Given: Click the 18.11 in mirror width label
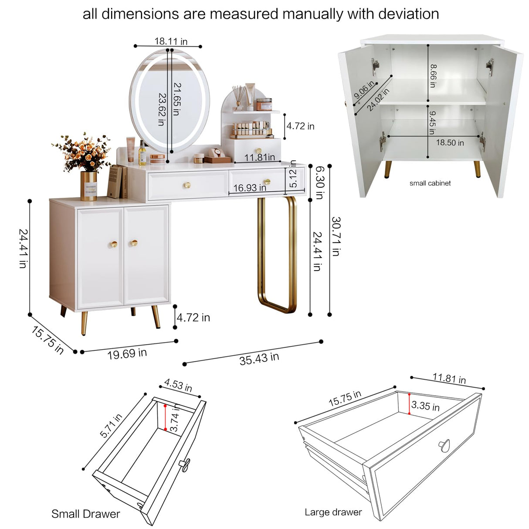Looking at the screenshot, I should [x=171, y=41].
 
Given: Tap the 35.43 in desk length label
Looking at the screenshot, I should [x=259, y=359].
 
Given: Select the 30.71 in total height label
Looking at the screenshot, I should [x=336, y=236].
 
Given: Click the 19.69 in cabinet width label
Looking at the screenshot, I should [x=127, y=353].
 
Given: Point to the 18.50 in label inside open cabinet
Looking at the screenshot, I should [x=450, y=143].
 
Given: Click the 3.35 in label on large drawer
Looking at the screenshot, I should [x=425, y=406].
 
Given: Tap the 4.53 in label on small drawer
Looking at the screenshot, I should [x=178, y=385].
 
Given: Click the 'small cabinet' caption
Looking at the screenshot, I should [x=430, y=183].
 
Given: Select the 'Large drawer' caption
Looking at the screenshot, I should [x=333, y=512].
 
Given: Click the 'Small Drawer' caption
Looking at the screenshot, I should [x=85, y=514].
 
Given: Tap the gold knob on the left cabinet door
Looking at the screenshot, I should [x=114, y=244].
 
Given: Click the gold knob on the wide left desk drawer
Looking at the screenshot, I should [x=187, y=185].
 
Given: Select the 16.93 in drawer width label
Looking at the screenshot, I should [x=250, y=188].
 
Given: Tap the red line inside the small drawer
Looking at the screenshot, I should [x=165, y=417].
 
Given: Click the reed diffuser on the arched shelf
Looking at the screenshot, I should [x=238, y=98].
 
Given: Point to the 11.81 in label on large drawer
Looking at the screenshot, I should [x=449, y=378].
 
